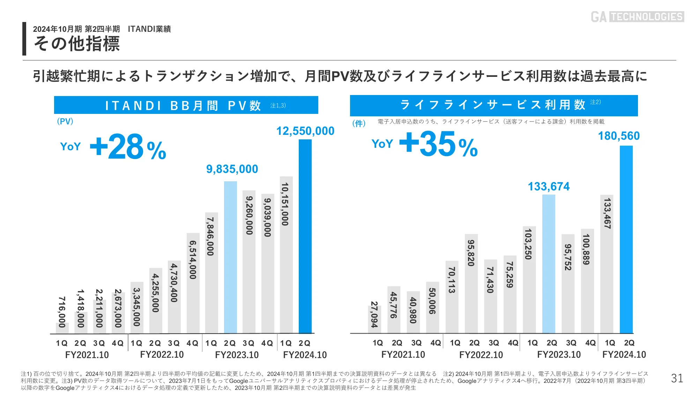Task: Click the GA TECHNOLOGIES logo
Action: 637,16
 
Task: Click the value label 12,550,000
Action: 305,131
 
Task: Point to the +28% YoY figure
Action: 128,147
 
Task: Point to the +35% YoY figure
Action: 438,144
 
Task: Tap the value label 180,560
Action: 619,136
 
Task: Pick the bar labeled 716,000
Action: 62,328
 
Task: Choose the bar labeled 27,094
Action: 374,319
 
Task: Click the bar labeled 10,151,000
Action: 286,255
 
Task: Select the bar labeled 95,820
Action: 471,283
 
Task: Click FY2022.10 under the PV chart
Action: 162,355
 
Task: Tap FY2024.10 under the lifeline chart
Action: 624,355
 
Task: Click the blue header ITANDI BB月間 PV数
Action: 186,105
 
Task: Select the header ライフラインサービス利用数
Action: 493,105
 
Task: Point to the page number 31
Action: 677,378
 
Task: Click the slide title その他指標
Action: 77,44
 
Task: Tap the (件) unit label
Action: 359,123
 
